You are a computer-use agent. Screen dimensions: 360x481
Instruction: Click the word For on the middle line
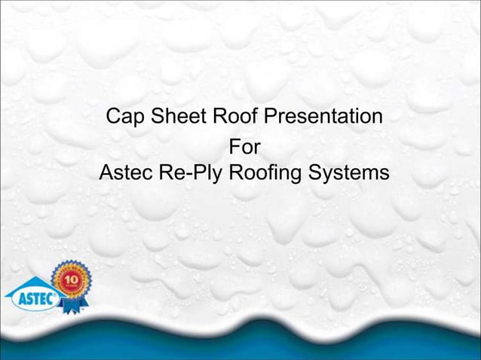pyautogui.click(x=244, y=145)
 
